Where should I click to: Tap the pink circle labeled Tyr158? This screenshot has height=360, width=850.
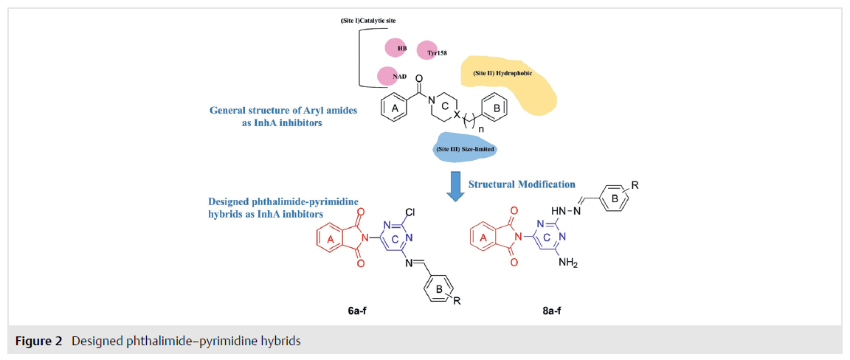pos(428,50)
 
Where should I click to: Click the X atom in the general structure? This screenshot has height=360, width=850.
pos(456,115)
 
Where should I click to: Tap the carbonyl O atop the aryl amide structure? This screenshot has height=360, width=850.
pos(418,80)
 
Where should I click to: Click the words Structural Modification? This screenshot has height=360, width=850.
pos(522,184)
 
